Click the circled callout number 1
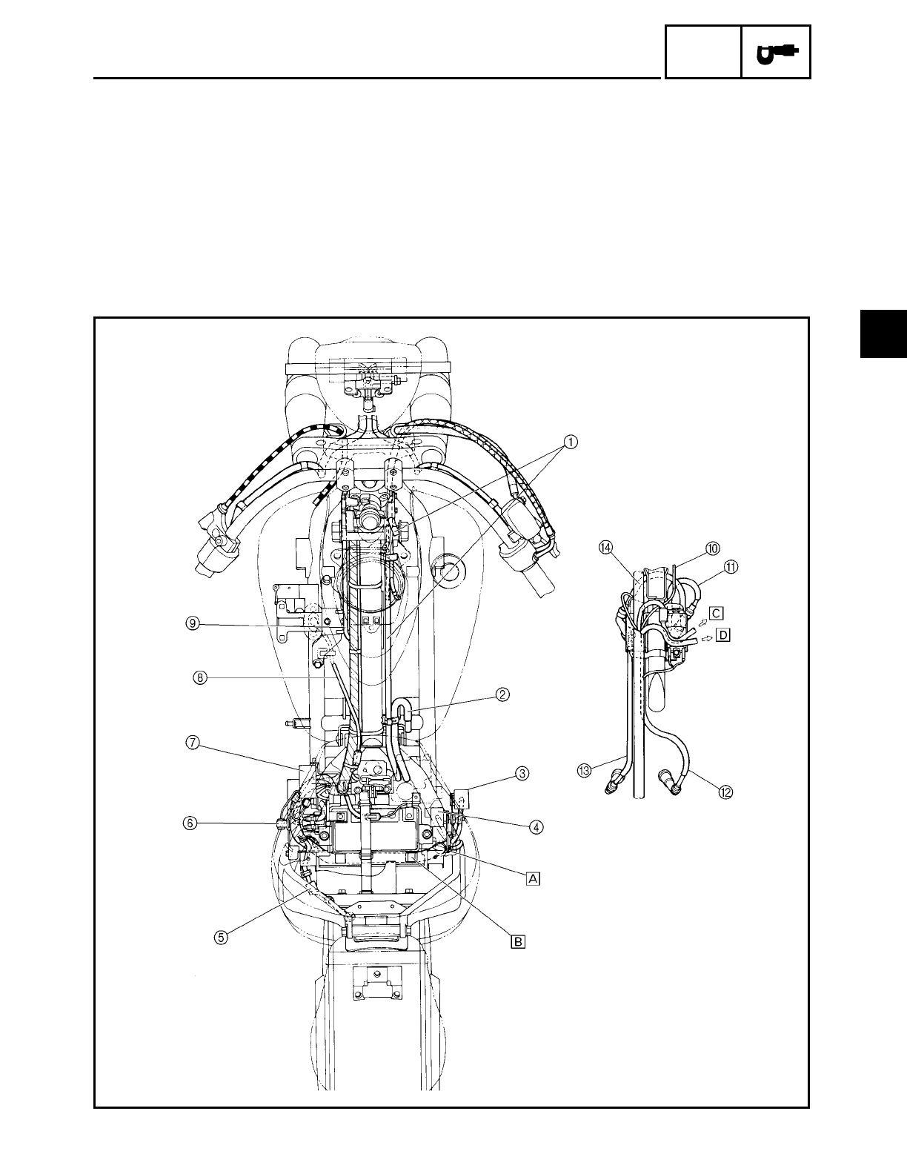pyautogui.click(x=571, y=442)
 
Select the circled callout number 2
pyautogui.click(x=502, y=694)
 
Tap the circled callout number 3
pyautogui.click(x=521, y=774)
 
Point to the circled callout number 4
pyautogui.click(x=535, y=827)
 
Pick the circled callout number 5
pyautogui.click(x=221, y=938)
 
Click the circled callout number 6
pyautogui.click(x=190, y=823)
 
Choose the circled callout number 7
pyautogui.click(x=193, y=743)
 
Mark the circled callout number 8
pyautogui.click(x=200, y=677)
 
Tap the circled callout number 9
pyautogui.click(x=193, y=623)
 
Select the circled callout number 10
pyautogui.click(x=713, y=548)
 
